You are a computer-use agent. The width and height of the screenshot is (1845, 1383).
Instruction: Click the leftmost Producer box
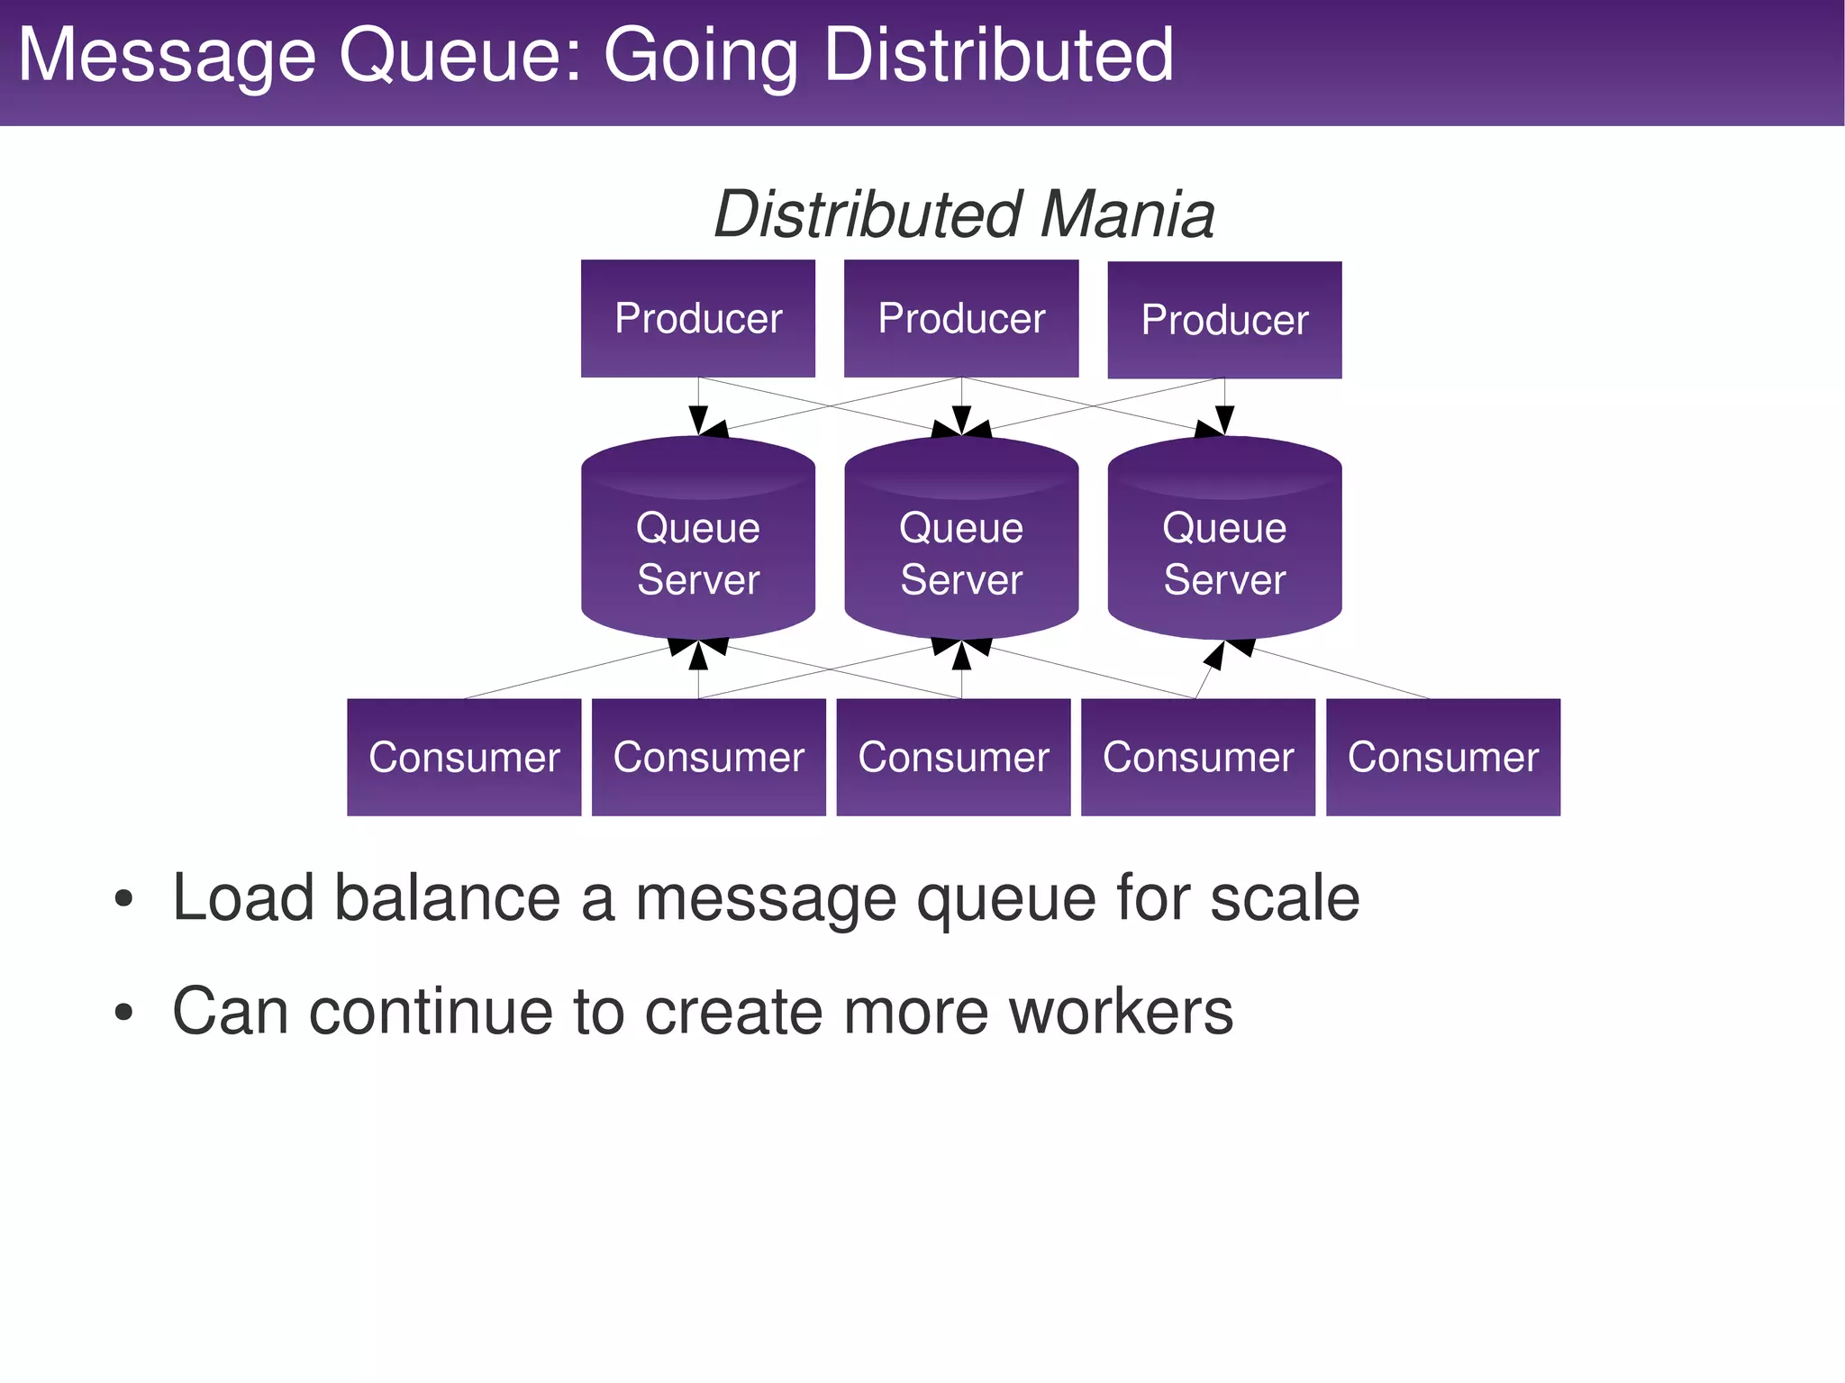coord(698,318)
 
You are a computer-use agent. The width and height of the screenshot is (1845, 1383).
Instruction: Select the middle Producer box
coord(961,318)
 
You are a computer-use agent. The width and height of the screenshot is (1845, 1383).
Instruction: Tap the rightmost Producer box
coord(1224,320)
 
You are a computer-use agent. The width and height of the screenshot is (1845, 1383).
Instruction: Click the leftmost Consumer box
coord(464,757)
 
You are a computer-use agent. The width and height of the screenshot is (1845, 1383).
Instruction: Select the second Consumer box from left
coord(709,757)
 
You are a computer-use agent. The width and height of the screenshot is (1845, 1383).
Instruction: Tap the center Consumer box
coord(953,757)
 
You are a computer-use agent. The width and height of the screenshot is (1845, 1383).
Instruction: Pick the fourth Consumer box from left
coord(1198,757)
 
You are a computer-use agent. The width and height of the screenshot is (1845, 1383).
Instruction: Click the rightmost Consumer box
coord(1443,757)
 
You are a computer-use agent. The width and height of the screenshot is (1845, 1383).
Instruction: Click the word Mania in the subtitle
coord(1128,214)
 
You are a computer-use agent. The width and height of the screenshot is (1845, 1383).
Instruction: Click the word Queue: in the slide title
coord(460,56)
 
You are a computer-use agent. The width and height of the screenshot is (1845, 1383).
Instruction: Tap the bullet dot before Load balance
coord(124,899)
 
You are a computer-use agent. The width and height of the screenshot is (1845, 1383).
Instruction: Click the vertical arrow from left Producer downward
coord(698,401)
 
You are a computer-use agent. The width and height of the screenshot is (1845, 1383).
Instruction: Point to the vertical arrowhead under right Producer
coord(1224,420)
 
